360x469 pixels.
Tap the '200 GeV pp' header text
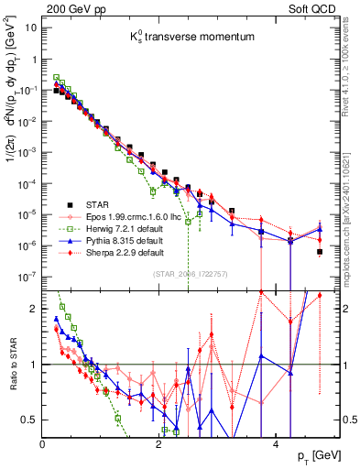71,7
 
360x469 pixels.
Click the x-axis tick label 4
275,442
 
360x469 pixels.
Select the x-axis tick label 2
158,442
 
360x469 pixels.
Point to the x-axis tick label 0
43,442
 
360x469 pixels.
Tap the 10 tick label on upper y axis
29,27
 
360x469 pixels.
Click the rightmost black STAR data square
320,252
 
